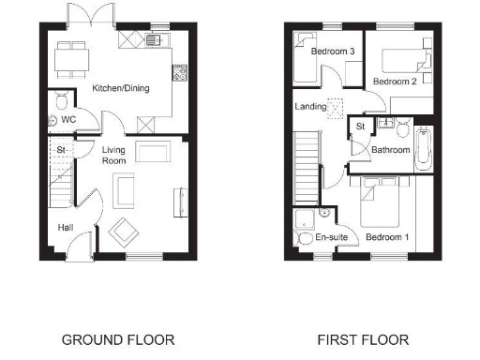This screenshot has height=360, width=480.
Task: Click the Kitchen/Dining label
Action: coord(121,89)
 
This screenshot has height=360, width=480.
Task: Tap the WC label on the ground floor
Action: coord(68,120)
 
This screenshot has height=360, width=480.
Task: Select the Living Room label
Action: coord(114,156)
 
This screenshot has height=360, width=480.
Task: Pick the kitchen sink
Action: coord(153,39)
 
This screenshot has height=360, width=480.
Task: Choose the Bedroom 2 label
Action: coord(394,82)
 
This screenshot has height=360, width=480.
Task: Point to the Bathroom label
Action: coord(390,150)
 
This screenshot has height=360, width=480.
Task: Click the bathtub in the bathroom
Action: coord(424,148)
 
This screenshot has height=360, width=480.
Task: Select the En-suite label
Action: coord(331,238)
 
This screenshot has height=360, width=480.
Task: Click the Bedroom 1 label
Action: coord(387,238)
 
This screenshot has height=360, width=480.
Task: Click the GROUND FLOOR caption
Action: coord(118,339)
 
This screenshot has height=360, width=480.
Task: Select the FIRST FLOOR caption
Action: coord(361,339)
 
